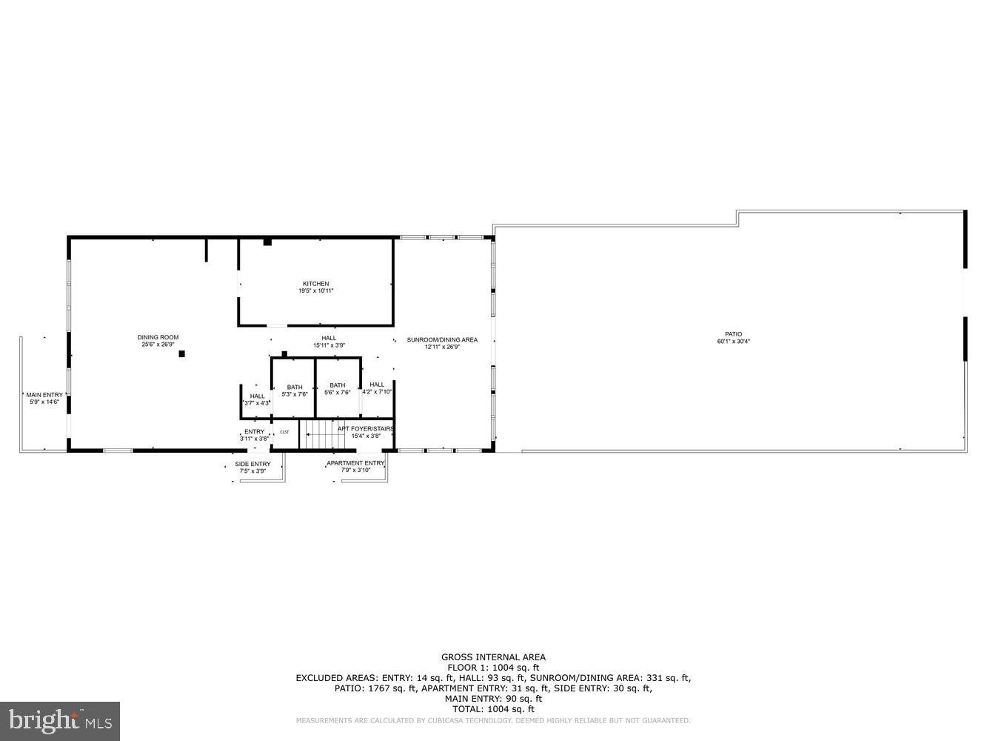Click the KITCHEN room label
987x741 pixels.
pos(315,284)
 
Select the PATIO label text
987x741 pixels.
pos(733,334)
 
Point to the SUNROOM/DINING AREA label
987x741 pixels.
pos(442,340)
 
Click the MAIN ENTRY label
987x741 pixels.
pos(44,395)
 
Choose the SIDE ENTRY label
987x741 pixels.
pos(252,464)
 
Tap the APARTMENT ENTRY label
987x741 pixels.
pos(355,463)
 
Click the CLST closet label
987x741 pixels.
pos(284,432)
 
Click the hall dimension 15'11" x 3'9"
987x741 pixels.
pos(329,345)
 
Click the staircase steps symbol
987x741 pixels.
pos(318,434)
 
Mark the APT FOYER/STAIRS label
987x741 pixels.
pos(366,428)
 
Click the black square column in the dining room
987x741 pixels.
pos(181,354)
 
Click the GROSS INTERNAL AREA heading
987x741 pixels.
pos(493,657)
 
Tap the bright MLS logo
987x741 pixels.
pos(61,720)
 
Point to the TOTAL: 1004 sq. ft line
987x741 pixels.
pos(493,709)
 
